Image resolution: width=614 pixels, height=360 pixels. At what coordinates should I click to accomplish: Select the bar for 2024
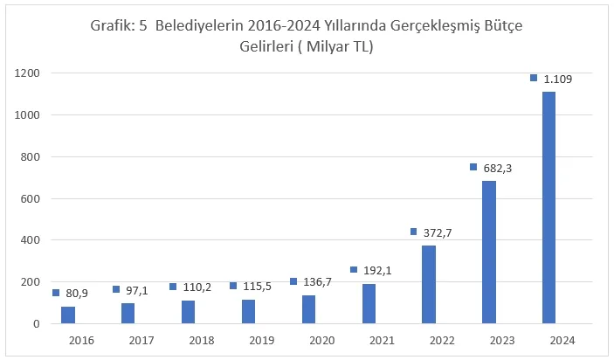coord(548,207)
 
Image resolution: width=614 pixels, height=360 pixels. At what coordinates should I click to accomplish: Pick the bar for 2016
coord(68,315)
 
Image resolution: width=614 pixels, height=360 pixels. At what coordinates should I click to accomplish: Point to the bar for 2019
coord(248,311)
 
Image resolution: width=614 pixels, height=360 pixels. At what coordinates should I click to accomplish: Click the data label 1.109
coord(557,79)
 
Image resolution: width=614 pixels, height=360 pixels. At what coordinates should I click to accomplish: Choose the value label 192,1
coord(376,271)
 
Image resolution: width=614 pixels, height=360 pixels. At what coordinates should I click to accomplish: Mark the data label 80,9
coord(78,294)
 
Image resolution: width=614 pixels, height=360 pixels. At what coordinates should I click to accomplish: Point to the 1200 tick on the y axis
coord(29,73)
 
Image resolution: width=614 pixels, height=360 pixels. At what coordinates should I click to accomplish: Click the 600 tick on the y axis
coord(32,198)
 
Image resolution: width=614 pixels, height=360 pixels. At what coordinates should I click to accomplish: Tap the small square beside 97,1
coord(116,289)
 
